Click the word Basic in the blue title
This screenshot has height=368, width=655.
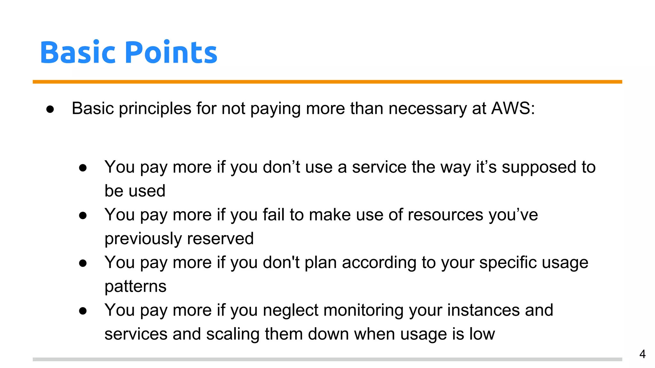77,52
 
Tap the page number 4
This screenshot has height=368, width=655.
642,354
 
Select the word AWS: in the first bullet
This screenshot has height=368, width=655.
513,108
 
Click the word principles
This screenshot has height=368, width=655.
155,109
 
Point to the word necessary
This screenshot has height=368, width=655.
427,109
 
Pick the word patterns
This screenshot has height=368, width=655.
135,287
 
